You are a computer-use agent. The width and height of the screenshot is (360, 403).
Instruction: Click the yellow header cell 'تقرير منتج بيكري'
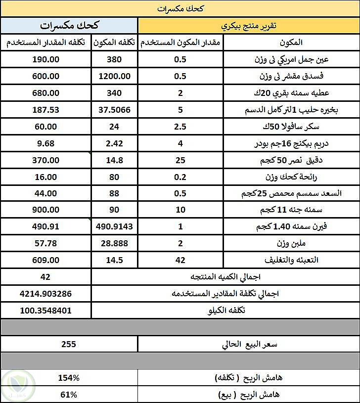click(x=249, y=26)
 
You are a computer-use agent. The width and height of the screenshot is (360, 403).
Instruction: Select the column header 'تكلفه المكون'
click(x=115, y=43)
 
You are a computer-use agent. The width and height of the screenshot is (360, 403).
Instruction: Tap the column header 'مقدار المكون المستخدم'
click(x=180, y=43)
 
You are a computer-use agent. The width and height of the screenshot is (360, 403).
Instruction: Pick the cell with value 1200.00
click(x=115, y=76)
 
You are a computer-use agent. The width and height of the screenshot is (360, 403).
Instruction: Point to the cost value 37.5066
click(x=115, y=110)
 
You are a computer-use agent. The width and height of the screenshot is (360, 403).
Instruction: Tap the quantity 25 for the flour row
click(x=180, y=160)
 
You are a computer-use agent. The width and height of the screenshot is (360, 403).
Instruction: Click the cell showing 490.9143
click(x=115, y=226)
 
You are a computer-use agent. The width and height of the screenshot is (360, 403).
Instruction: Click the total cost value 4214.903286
click(x=46, y=294)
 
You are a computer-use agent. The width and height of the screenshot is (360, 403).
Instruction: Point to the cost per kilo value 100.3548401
click(x=46, y=311)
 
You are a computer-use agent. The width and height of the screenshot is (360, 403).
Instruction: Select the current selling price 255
click(x=69, y=344)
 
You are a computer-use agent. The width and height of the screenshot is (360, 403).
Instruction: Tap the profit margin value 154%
click(x=69, y=378)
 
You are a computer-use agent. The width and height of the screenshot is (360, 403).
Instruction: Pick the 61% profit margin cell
click(x=69, y=395)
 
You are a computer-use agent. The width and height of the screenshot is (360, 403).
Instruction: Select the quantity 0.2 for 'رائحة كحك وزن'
click(x=180, y=177)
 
